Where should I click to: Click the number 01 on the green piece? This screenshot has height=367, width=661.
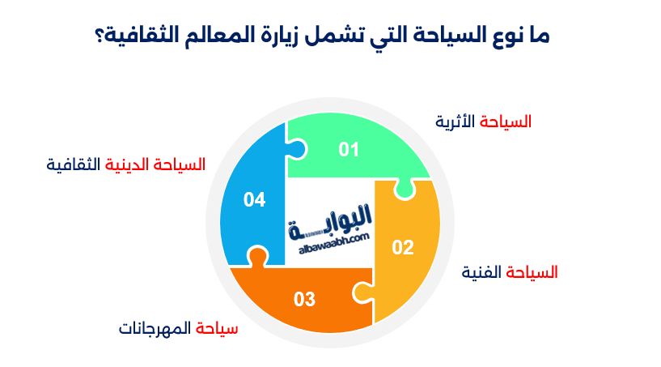(x=349, y=149)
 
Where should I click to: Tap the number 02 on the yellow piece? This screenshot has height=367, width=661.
(x=402, y=248)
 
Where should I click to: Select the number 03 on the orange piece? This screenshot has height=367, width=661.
(x=304, y=299)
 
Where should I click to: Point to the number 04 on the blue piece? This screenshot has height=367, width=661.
(x=254, y=199)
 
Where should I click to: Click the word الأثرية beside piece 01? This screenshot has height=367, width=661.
(x=457, y=122)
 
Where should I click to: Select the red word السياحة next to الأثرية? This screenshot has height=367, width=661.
(x=506, y=122)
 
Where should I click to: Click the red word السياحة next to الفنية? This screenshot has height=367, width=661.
(x=532, y=272)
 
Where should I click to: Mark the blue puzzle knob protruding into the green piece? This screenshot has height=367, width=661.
(x=296, y=148)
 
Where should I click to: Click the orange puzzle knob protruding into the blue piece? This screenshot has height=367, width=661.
(x=256, y=258)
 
